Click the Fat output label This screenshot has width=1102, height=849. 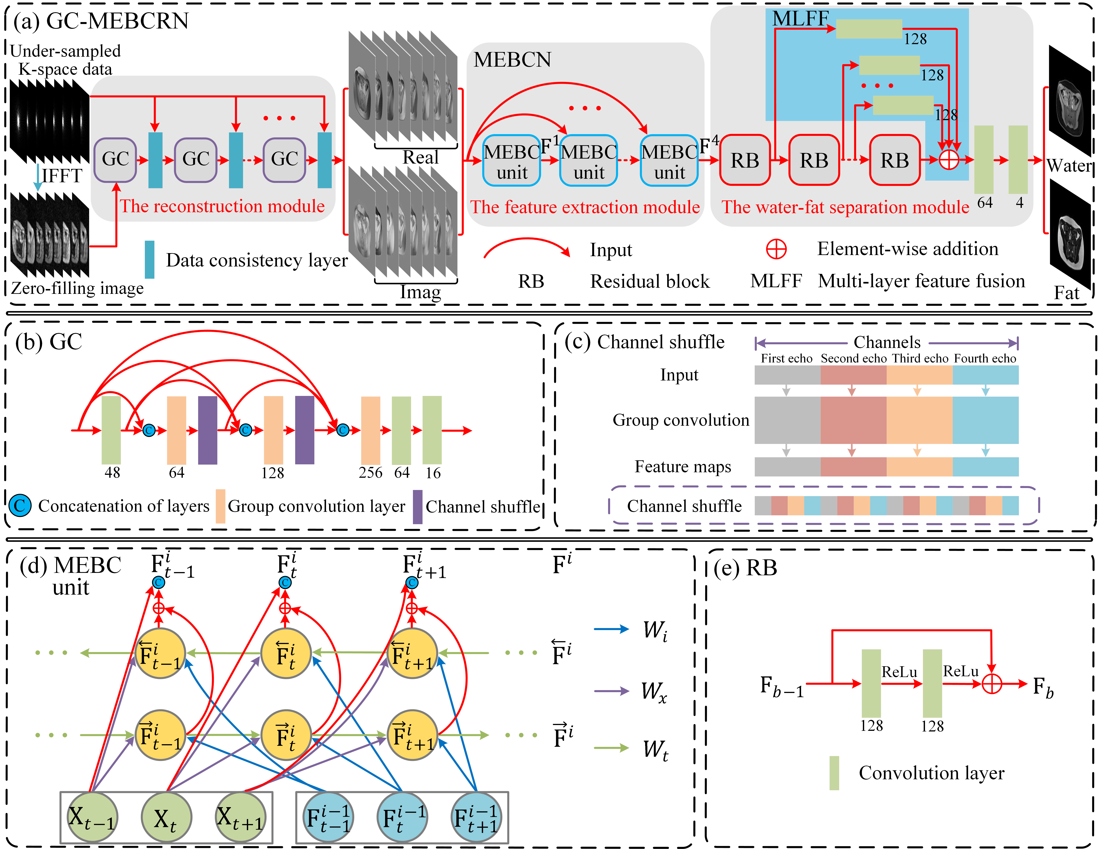pos(1066,293)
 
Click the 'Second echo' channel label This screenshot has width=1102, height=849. pos(853,358)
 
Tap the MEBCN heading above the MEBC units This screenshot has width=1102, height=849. pos(512,60)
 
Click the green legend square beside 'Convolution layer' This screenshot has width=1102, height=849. pos(834,773)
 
